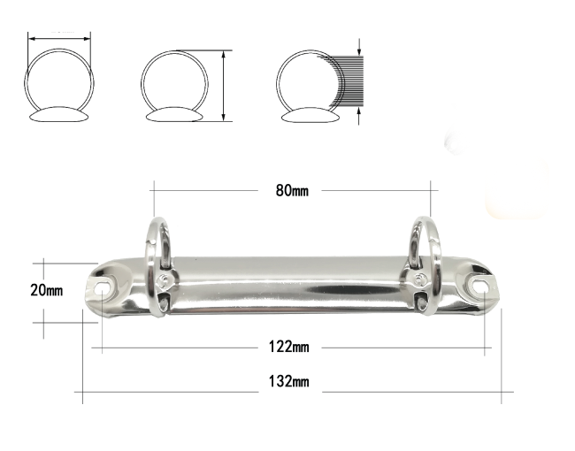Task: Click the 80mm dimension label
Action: click(292, 191)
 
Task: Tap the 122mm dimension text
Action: click(289, 347)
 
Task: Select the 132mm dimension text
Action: click(289, 382)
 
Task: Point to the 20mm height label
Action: click(46, 290)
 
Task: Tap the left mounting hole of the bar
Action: click(103, 287)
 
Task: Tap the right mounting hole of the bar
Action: click(479, 286)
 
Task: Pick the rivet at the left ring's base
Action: click(163, 281)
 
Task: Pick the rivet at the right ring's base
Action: click(418, 279)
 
